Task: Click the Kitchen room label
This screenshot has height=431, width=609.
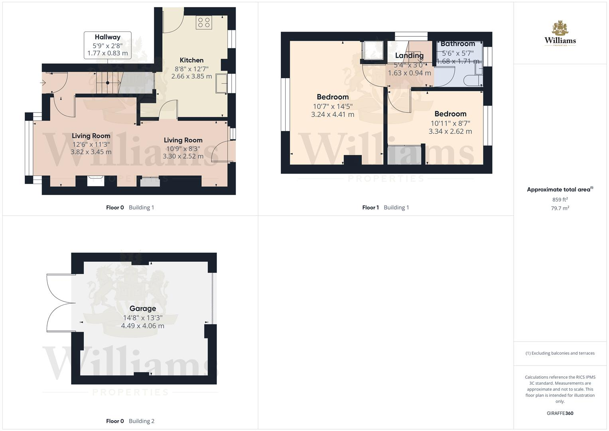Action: (191, 60)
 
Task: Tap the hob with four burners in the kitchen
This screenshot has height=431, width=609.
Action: (203, 22)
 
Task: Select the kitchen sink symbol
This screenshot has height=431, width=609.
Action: (221, 83)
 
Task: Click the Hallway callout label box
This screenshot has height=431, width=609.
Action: (107, 45)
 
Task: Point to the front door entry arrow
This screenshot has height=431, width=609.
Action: (43, 83)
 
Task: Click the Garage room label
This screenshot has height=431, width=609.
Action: (142, 308)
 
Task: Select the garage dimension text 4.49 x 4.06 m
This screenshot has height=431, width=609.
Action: (142, 326)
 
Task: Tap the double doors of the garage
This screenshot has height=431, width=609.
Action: (60, 303)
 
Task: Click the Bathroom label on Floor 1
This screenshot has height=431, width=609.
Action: (457, 44)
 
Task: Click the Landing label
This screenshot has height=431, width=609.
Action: (409, 55)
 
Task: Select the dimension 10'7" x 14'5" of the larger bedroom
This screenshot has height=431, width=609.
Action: (333, 106)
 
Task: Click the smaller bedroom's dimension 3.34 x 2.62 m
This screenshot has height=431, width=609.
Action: (450, 131)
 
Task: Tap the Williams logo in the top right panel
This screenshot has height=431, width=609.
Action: (560, 34)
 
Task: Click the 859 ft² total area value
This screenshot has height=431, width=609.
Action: (560, 200)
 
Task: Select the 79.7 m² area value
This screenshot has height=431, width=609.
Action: (560, 208)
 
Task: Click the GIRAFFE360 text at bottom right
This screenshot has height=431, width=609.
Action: (560, 413)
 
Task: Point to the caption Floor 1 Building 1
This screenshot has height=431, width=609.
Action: (385, 208)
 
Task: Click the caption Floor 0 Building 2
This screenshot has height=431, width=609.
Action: (130, 421)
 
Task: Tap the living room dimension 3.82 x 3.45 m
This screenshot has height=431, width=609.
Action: (91, 152)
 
